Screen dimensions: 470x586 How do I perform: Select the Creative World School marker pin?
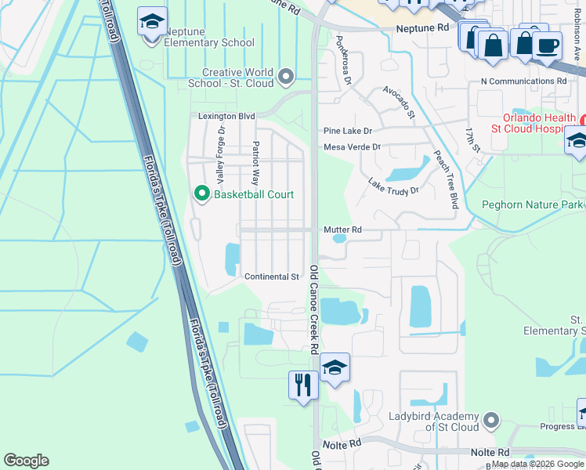(x=286, y=77)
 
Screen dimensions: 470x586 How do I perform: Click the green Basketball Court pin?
(x=201, y=193)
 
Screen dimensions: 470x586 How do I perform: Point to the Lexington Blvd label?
(x=226, y=116)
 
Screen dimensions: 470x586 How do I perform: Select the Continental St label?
(x=272, y=277)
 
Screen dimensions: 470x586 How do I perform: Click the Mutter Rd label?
(x=342, y=230)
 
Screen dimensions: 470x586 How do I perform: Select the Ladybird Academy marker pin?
(x=491, y=421)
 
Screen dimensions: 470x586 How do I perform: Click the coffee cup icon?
(x=548, y=45)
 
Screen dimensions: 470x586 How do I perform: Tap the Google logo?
(x=26, y=461)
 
